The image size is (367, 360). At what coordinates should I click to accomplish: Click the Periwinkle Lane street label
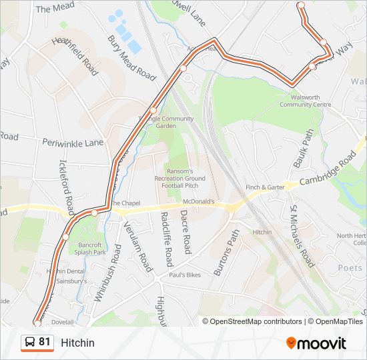73,143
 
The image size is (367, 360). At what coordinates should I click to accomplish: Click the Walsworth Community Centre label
305,101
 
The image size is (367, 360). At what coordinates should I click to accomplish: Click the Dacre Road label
186,232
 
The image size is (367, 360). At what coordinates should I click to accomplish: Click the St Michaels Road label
301,236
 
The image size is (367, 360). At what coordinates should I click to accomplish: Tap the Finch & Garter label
265,188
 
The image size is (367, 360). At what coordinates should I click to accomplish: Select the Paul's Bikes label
185,275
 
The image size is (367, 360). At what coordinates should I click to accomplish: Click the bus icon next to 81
29,343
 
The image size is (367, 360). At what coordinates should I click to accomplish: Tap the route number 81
45,342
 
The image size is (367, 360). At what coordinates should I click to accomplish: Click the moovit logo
316,343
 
